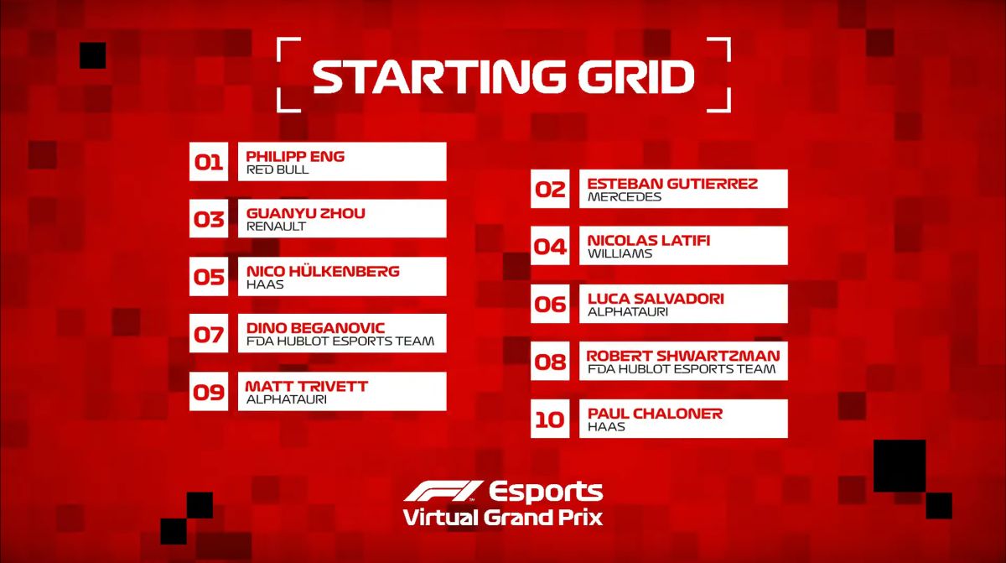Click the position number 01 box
(209, 162)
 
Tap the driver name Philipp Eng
(295, 156)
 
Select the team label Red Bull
(277, 169)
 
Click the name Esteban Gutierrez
(672, 184)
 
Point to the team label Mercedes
(625, 197)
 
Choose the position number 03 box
(209, 219)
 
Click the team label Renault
(276, 227)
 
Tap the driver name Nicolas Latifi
(649, 241)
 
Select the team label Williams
(620, 254)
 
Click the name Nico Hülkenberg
(323, 271)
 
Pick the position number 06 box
(550, 304)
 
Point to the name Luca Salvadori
(656, 299)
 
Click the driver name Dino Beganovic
(316, 328)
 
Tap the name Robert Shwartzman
(683, 356)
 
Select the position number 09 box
(209, 391)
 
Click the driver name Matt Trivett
(306, 387)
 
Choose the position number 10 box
(550, 419)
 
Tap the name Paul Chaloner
(656, 414)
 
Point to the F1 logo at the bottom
(443, 491)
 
